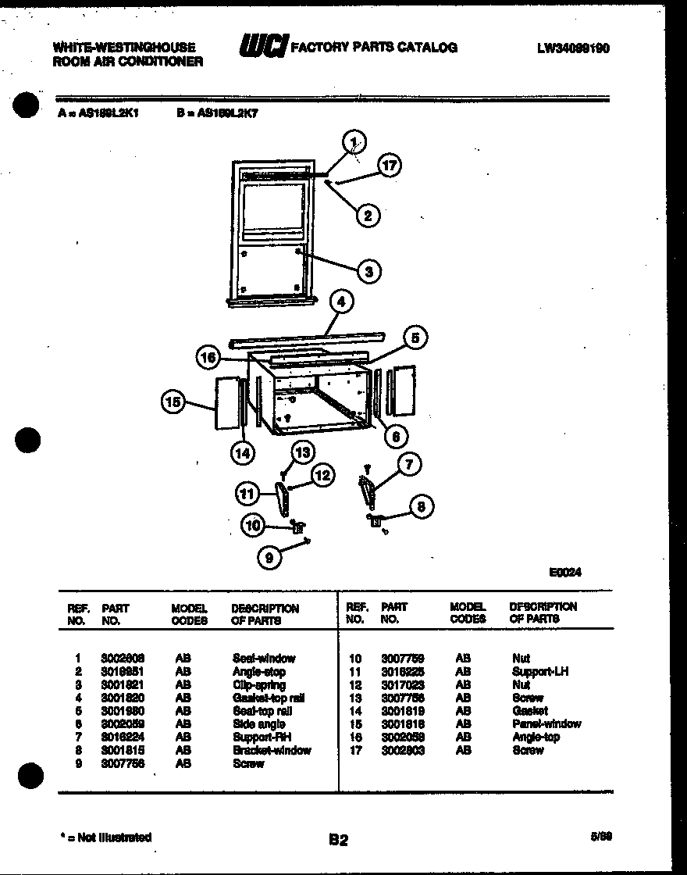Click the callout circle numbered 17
[389, 166]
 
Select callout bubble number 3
[368, 271]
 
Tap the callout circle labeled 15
[173, 402]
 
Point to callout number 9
[269, 558]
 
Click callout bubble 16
[208, 358]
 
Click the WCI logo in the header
[263, 46]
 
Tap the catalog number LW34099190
[573, 48]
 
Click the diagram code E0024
[565, 572]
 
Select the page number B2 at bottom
[338, 841]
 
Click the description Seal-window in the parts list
[264, 659]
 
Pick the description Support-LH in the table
[540, 672]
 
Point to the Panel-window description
[546, 724]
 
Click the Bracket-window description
[271, 751]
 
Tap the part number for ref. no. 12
[402, 685]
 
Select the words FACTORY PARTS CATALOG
[373, 48]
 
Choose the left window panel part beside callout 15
[226, 404]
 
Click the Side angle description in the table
[258, 724]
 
